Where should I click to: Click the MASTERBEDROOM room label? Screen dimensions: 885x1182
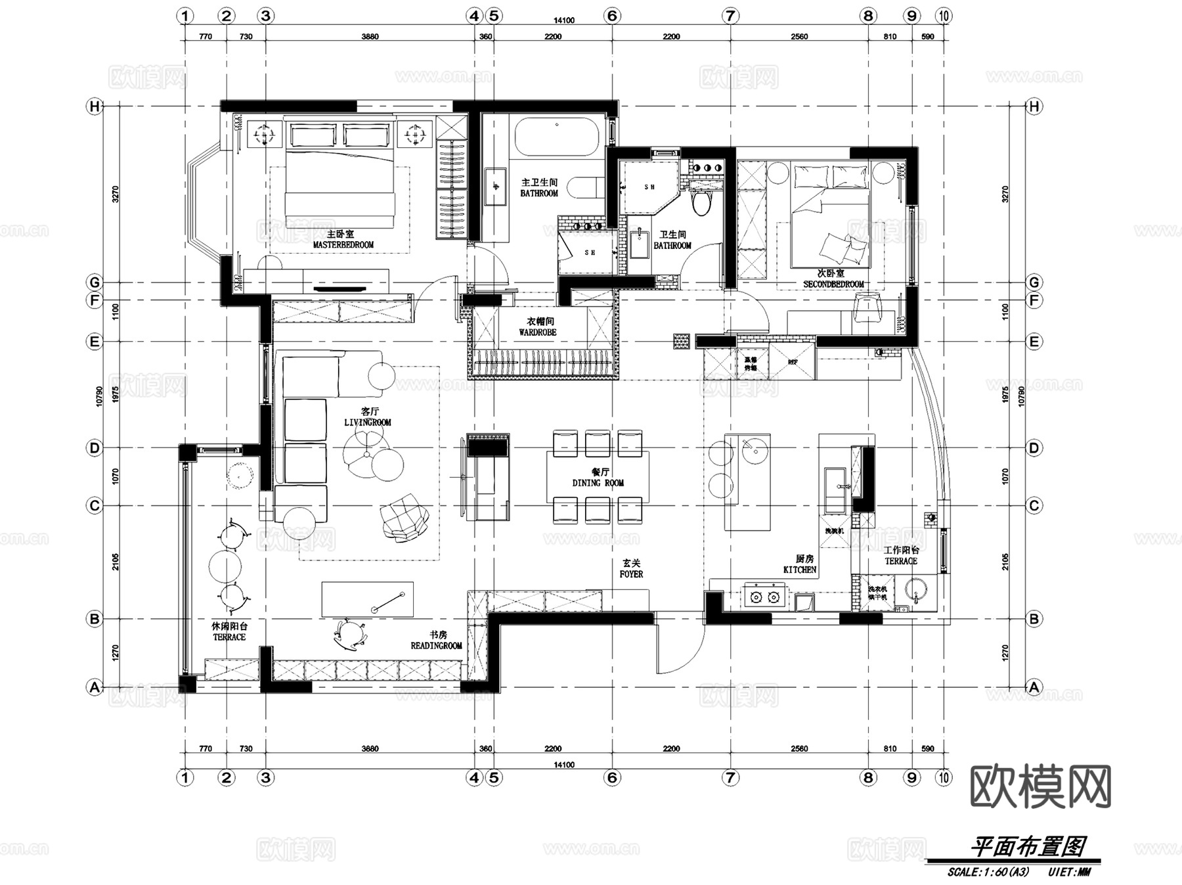tap(343, 244)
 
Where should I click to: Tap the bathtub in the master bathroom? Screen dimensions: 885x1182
tap(557, 135)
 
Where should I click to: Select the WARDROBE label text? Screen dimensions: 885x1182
tap(537, 332)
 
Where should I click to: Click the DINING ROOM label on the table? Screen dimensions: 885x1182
tap(598, 483)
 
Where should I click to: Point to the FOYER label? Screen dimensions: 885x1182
tap(631, 574)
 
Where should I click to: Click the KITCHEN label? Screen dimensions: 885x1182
tap(799, 570)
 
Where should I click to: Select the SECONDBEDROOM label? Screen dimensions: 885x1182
tap(833, 284)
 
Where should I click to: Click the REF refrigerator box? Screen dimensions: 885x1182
tap(793, 363)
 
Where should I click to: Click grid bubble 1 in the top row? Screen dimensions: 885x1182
tap(186, 16)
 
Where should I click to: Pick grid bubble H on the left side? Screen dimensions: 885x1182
tap(95, 106)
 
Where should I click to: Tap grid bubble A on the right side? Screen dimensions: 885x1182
tap(1034, 687)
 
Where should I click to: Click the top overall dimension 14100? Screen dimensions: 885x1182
tap(563, 20)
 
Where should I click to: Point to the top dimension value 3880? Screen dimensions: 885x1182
tap(370, 37)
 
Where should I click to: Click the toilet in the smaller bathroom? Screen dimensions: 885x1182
tap(702, 201)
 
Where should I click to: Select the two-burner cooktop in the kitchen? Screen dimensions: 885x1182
tap(764, 597)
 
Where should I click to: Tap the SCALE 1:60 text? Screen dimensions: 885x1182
tap(988, 873)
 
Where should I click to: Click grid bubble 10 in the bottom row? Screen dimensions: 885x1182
tap(944, 777)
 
